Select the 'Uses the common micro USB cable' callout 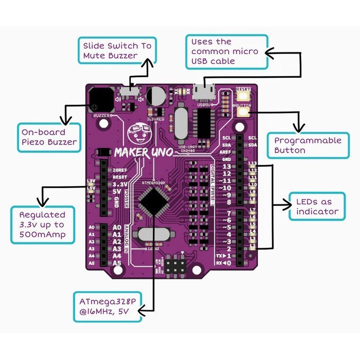pyautogui.click(x=227, y=51)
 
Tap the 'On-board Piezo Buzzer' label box pyautogui.click(x=49, y=137)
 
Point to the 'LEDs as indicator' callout pyautogui.click(x=317, y=206)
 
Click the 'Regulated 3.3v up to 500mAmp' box pyautogui.click(x=42, y=224)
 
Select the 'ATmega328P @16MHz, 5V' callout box pyautogui.click(x=108, y=306)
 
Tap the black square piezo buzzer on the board pyautogui.click(x=101, y=99)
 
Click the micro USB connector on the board pyautogui.click(x=204, y=93)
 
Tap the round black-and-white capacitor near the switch pyautogui.click(x=157, y=96)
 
